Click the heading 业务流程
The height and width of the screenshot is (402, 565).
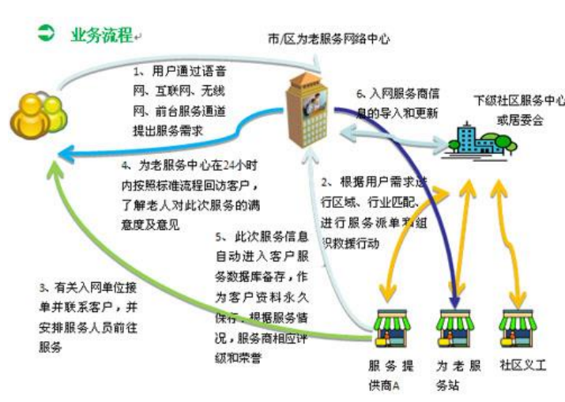click(101, 34)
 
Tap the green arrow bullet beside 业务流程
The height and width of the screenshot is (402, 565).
click(46, 32)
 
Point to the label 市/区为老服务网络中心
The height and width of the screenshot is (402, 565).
click(329, 38)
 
